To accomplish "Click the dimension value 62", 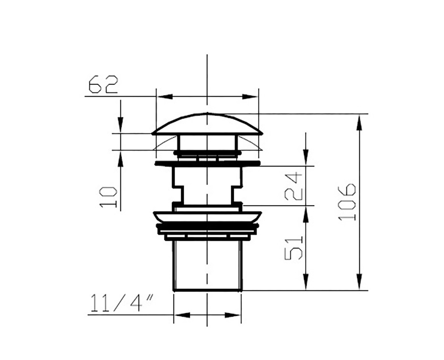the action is (x=103, y=84).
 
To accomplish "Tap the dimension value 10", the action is (x=108, y=197).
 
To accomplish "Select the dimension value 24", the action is (x=294, y=186).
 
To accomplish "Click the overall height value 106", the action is (x=347, y=202).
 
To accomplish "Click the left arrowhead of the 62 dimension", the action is (x=165, y=97).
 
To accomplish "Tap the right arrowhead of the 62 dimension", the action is (x=250, y=97).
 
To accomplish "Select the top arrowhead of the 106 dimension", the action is (x=359, y=122).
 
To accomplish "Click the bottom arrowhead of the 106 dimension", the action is (x=359, y=282).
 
